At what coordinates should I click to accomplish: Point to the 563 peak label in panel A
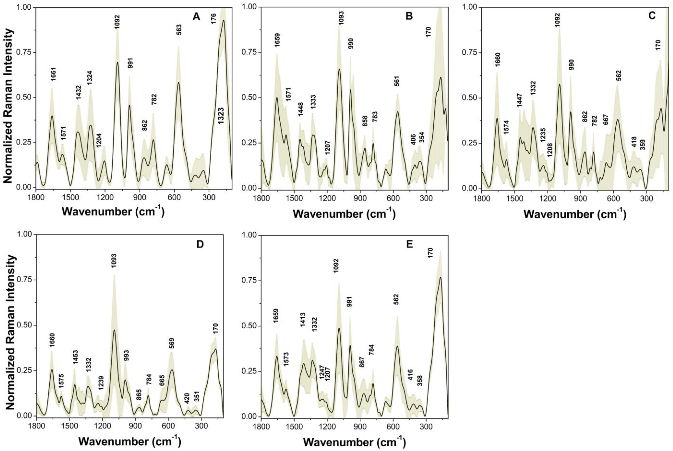pos(179,28)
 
